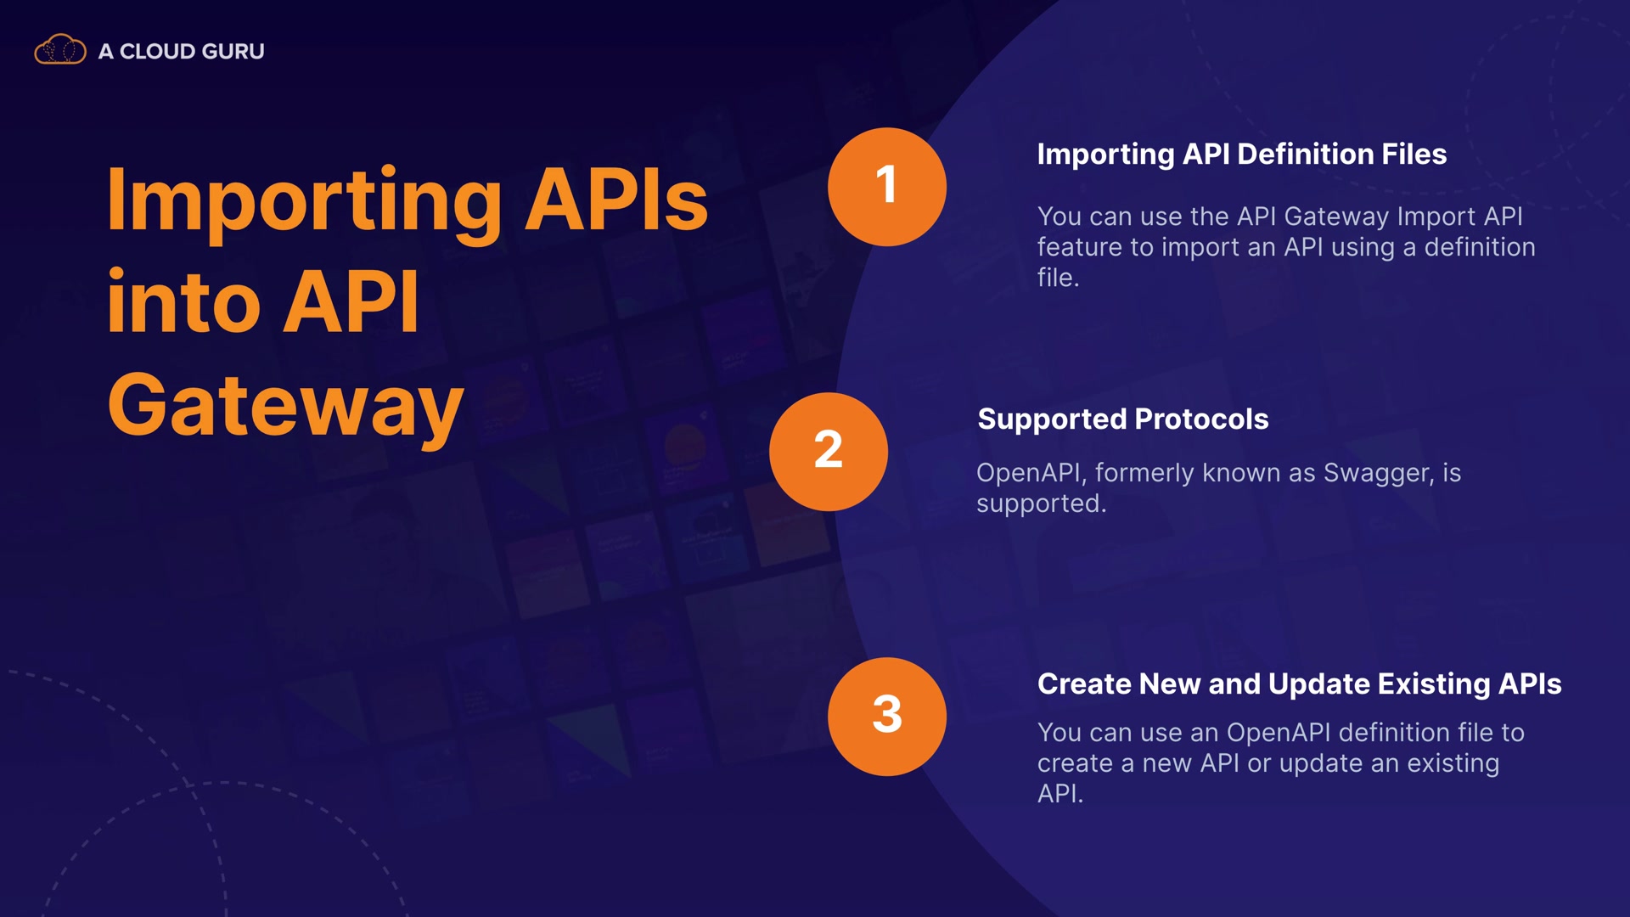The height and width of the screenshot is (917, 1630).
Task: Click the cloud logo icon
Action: (x=60, y=50)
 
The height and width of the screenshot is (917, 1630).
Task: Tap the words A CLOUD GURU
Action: (x=182, y=51)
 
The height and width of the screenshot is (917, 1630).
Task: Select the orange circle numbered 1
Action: (x=887, y=187)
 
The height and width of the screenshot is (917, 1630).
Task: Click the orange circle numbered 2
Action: (x=829, y=452)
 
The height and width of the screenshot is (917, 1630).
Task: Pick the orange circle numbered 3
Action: (x=887, y=717)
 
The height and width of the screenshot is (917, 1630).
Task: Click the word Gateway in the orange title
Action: (x=286, y=408)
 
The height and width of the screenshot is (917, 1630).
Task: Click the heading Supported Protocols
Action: (x=1123, y=419)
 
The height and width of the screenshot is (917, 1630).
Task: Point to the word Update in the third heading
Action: (x=1318, y=684)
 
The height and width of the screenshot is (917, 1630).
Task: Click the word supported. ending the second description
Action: (x=1042, y=504)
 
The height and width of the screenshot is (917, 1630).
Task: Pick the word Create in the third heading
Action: (x=1084, y=684)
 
